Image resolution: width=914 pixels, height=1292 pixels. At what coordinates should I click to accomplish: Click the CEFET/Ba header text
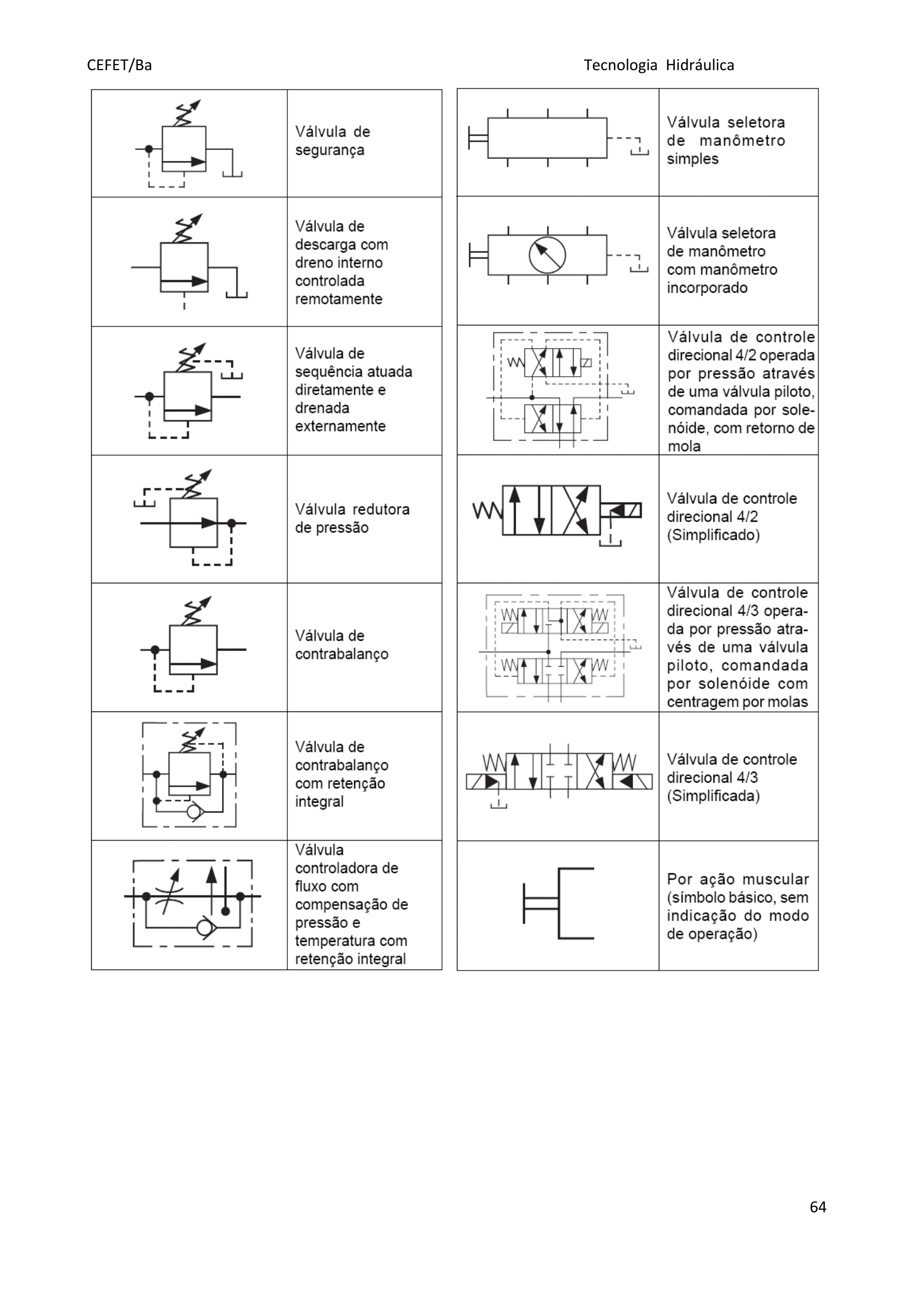click(119, 65)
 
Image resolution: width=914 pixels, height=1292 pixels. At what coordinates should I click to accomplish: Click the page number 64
click(817, 1222)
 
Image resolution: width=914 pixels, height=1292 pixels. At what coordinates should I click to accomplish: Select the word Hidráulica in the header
click(700, 65)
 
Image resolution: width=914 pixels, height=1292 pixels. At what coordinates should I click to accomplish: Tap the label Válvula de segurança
click(332, 141)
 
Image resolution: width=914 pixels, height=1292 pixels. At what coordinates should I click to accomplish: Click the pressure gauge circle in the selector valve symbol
click(547, 255)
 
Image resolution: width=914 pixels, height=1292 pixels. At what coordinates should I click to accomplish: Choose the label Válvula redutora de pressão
click(352, 518)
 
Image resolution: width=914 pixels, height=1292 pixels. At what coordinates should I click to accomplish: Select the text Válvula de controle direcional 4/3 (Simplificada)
click(731, 777)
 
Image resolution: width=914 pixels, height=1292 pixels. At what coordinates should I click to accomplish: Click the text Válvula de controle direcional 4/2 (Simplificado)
click(731, 516)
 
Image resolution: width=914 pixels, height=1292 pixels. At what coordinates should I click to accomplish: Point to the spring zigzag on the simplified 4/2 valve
click(487, 510)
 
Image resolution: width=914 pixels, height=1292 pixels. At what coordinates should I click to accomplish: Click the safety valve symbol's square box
click(184, 149)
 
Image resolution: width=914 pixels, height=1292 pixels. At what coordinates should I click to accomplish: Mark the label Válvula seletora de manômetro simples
click(725, 140)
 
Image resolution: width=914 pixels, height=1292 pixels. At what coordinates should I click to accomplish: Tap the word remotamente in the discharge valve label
click(338, 299)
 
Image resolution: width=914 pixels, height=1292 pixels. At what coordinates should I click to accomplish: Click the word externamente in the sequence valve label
click(340, 426)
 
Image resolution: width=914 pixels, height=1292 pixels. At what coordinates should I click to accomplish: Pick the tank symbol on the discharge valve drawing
click(237, 294)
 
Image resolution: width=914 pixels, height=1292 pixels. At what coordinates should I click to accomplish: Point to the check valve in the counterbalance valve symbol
click(195, 812)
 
